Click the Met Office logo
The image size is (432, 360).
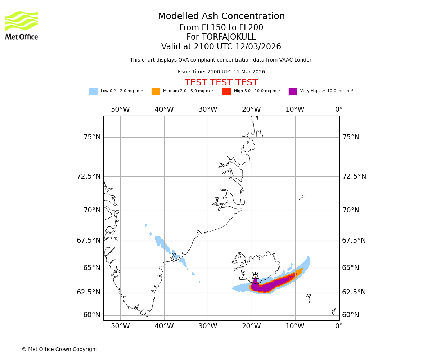pos(22,25)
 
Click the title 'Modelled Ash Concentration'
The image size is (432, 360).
pos(221,17)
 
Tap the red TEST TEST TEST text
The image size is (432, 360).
pos(221,83)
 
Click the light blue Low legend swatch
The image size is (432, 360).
pos(93,91)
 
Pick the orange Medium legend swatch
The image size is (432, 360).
pos(156,91)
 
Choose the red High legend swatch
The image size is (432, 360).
pos(226,91)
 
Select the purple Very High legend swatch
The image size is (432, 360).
pos(293,91)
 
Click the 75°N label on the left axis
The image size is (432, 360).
pos(92,137)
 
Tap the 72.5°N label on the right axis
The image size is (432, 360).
pos(354,176)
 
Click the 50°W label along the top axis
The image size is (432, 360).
pos(120,109)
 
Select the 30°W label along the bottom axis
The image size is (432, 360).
pos(208,327)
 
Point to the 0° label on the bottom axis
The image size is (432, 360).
pos(339,327)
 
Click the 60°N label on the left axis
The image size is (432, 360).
pos(92,315)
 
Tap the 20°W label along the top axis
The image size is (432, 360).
pos(251,109)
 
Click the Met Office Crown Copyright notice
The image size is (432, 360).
pos(59,350)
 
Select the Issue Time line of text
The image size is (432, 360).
pos(221,72)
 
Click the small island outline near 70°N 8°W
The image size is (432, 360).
pos(302,197)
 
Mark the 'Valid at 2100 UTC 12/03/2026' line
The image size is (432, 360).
pos(221,47)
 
